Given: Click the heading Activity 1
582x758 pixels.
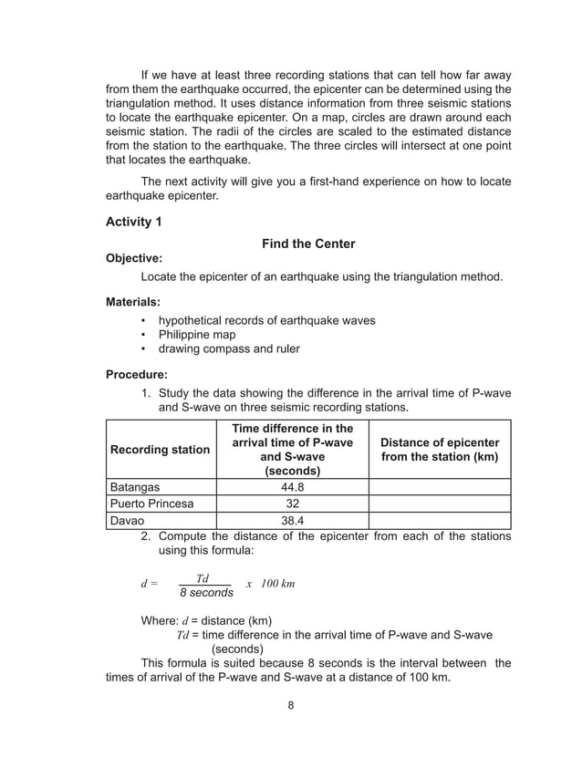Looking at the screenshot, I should click(138, 223).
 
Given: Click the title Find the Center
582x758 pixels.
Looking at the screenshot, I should click(308, 244).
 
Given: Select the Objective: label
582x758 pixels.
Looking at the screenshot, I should click(134, 259).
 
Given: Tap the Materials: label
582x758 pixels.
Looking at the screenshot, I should click(133, 301).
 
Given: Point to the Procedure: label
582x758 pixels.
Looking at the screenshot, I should click(137, 374).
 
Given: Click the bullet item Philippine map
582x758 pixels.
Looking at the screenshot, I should click(197, 335).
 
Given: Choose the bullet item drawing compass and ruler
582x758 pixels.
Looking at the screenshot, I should click(229, 348).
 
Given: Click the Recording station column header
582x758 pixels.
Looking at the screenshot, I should click(161, 450).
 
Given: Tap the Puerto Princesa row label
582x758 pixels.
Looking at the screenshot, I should click(151, 504).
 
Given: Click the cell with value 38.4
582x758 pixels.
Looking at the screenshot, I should click(292, 521).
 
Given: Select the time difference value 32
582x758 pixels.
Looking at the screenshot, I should click(292, 504).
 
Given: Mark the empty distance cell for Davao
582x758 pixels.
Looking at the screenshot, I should click(439, 521).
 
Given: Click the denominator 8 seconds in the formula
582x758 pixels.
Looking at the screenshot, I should click(205, 593).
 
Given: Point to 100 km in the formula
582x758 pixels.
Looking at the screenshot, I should click(277, 583).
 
